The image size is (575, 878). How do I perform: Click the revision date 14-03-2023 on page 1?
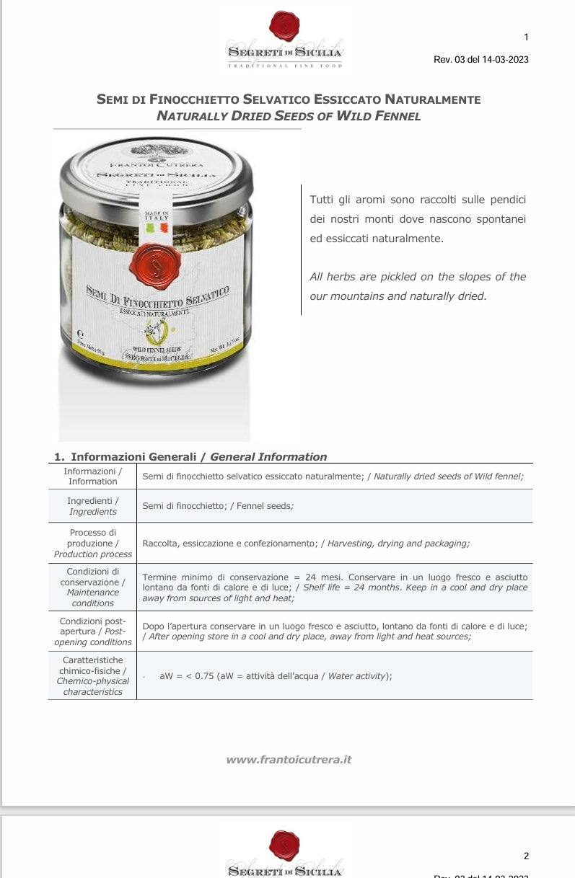503,60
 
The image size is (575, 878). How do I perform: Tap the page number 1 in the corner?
526,37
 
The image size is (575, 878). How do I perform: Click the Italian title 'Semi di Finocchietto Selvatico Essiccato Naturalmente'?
289,99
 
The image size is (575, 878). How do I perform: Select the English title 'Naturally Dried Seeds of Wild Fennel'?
289,115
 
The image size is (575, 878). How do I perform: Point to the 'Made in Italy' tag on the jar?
156,221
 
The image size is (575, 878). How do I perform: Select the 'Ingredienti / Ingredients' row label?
92,506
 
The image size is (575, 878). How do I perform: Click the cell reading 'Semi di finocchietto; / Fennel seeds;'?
218,506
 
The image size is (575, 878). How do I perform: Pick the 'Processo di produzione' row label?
92,543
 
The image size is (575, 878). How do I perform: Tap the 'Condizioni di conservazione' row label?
92,587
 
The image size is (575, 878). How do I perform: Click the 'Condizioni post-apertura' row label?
92,631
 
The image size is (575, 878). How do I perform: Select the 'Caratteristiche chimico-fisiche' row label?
92,675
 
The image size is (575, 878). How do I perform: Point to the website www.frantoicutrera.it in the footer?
289,759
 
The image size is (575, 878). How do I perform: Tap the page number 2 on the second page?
526,856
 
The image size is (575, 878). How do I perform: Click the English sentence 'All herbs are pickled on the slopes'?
418,277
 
